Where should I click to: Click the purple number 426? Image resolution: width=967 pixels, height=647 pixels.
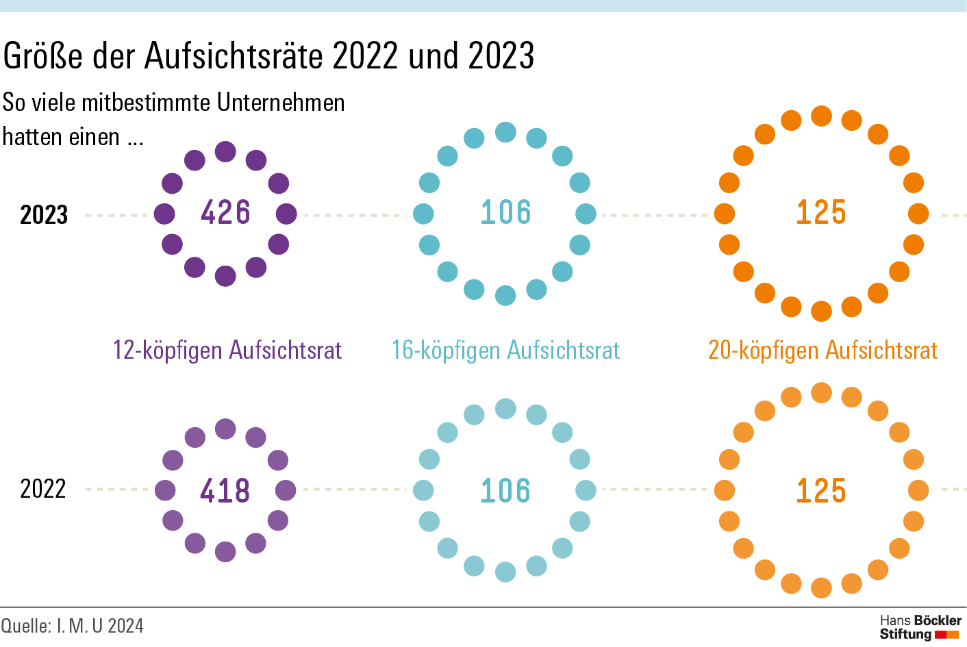pyautogui.click(x=225, y=212)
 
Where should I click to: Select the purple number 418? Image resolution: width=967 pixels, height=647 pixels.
pyautogui.click(x=225, y=491)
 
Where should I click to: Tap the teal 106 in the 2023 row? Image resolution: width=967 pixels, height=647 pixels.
pyautogui.click(x=505, y=212)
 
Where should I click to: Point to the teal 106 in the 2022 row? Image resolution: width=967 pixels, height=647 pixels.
pyautogui.click(x=505, y=491)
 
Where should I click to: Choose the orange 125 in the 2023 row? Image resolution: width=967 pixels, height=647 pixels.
pyautogui.click(x=821, y=212)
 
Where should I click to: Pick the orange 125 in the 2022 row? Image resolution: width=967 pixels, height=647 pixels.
pyautogui.click(x=821, y=491)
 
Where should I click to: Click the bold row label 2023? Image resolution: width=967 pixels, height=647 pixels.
pyautogui.click(x=44, y=215)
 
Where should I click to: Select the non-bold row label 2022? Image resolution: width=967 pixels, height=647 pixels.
pyautogui.click(x=43, y=489)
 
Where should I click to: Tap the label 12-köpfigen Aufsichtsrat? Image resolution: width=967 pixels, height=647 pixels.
pyautogui.click(x=227, y=350)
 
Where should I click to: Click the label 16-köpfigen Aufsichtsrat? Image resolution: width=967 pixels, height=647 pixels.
pyautogui.click(x=505, y=350)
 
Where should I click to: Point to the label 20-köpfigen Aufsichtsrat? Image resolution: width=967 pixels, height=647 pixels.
pyautogui.click(x=822, y=350)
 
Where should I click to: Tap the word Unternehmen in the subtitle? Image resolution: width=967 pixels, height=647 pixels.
pyautogui.click(x=281, y=103)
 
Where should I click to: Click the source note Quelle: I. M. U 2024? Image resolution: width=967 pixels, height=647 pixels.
pyautogui.click(x=73, y=626)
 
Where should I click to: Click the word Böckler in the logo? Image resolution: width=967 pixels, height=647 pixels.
pyautogui.click(x=939, y=620)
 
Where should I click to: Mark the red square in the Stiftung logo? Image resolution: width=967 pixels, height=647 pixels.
pyautogui.click(x=940, y=635)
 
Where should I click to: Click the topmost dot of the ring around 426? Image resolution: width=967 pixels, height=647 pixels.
pyautogui.click(x=225, y=152)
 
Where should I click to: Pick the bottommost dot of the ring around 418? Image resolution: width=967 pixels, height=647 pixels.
pyautogui.click(x=225, y=551)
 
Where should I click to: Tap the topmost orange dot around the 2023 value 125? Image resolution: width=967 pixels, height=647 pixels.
pyautogui.click(x=821, y=116)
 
